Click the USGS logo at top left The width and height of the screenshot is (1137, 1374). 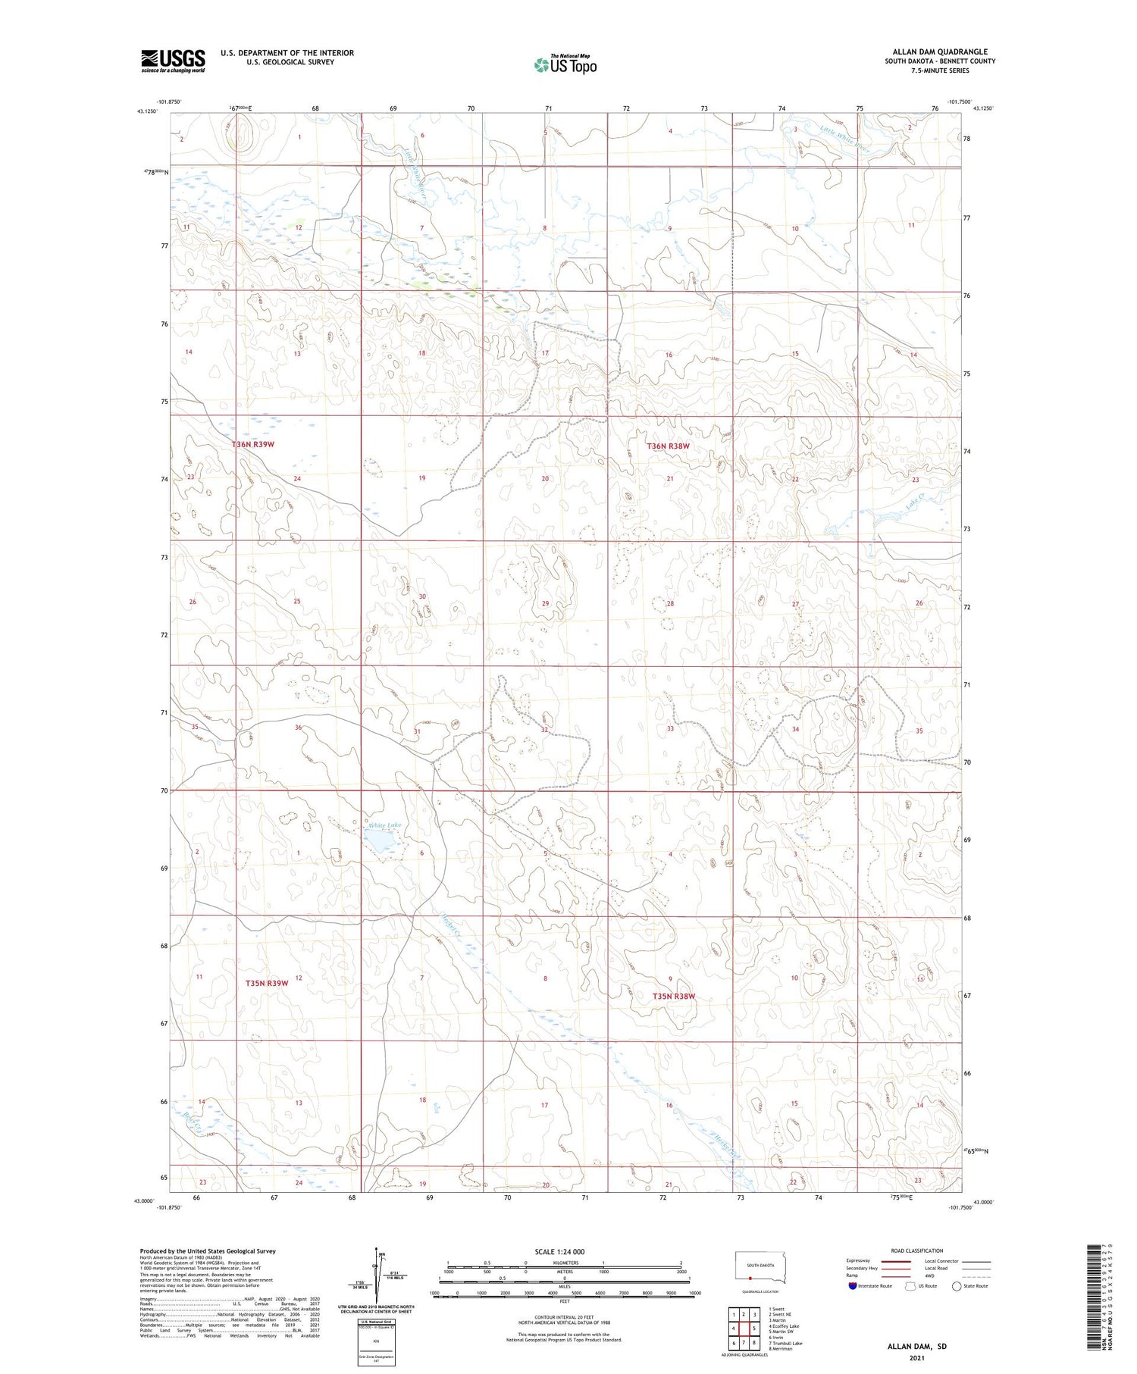pyautogui.click(x=173, y=61)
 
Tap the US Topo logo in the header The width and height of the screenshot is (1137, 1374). pyautogui.click(x=565, y=65)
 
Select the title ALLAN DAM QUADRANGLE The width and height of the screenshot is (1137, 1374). pyautogui.click(x=939, y=52)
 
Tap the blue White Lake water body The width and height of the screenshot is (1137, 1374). pyautogui.click(x=381, y=840)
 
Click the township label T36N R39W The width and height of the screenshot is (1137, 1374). pyautogui.click(x=252, y=444)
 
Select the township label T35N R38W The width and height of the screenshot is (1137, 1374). pyautogui.click(x=673, y=996)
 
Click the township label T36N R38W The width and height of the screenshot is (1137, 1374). pyautogui.click(x=668, y=446)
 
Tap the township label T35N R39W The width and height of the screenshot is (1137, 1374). pyautogui.click(x=267, y=983)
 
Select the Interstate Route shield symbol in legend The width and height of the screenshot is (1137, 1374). pyautogui.click(x=852, y=1286)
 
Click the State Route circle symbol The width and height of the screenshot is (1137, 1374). pyautogui.click(x=957, y=1286)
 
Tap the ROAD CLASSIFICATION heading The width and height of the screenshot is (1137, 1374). pyautogui.click(x=916, y=1250)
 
